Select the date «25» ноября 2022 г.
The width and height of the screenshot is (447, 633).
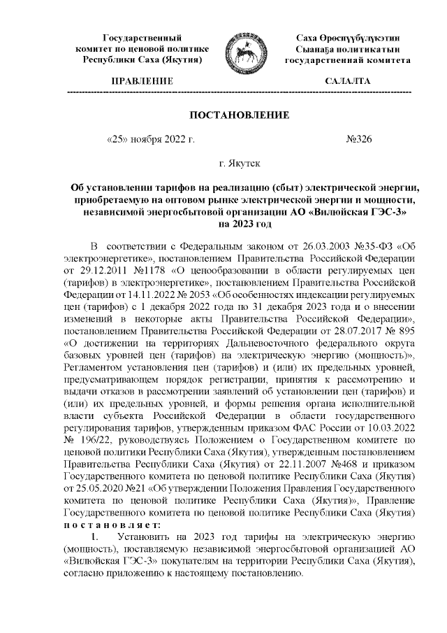pyautogui.click(x=149, y=139)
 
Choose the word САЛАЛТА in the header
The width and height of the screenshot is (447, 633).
pyautogui.click(x=348, y=82)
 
